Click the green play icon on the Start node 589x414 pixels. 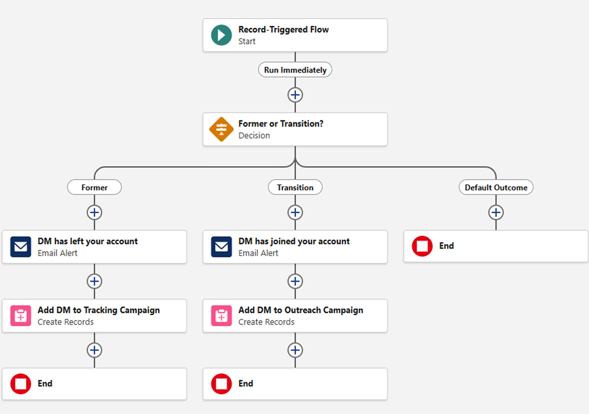pyautogui.click(x=221, y=35)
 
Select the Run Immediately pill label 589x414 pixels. pyautogui.click(x=295, y=70)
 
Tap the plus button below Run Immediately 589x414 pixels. pyautogui.click(x=295, y=95)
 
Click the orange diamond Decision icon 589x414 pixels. pyautogui.click(x=221, y=129)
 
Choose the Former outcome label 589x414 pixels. pyautogui.click(x=94, y=187)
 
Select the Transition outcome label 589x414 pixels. pyautogui.click(x=295, y=187)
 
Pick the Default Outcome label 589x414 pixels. pyautogui.click(x=496, y=187)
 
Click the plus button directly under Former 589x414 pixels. pyautogui.click(x=94, y=212)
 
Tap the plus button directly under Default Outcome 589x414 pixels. pyautogui.click(x=496, y=212)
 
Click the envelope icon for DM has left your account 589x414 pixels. pyautogui.click(x=21, y=247)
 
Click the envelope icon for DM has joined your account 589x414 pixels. pyautogui.click(x=221, y=247)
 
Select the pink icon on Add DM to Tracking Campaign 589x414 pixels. pyautogui.click(x=21, y=316)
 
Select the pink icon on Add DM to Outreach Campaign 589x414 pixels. pyautogui.click(x=221, y=316)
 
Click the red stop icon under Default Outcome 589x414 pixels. pyautogui.click(x=422, y=246)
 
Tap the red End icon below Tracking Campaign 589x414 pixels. pyautogui.click(x=21, y=384)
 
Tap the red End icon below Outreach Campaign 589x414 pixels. pyautogui.click(x=221, y=384)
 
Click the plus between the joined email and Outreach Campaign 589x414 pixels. pyautogui.click(x=295, y=281)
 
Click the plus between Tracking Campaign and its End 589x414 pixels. pyautogui.click(x=94, y=350)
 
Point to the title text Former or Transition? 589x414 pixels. pyautogui.click(x=281, y=124)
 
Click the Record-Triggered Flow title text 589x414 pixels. pyautogui.click(x=283, y=29)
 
